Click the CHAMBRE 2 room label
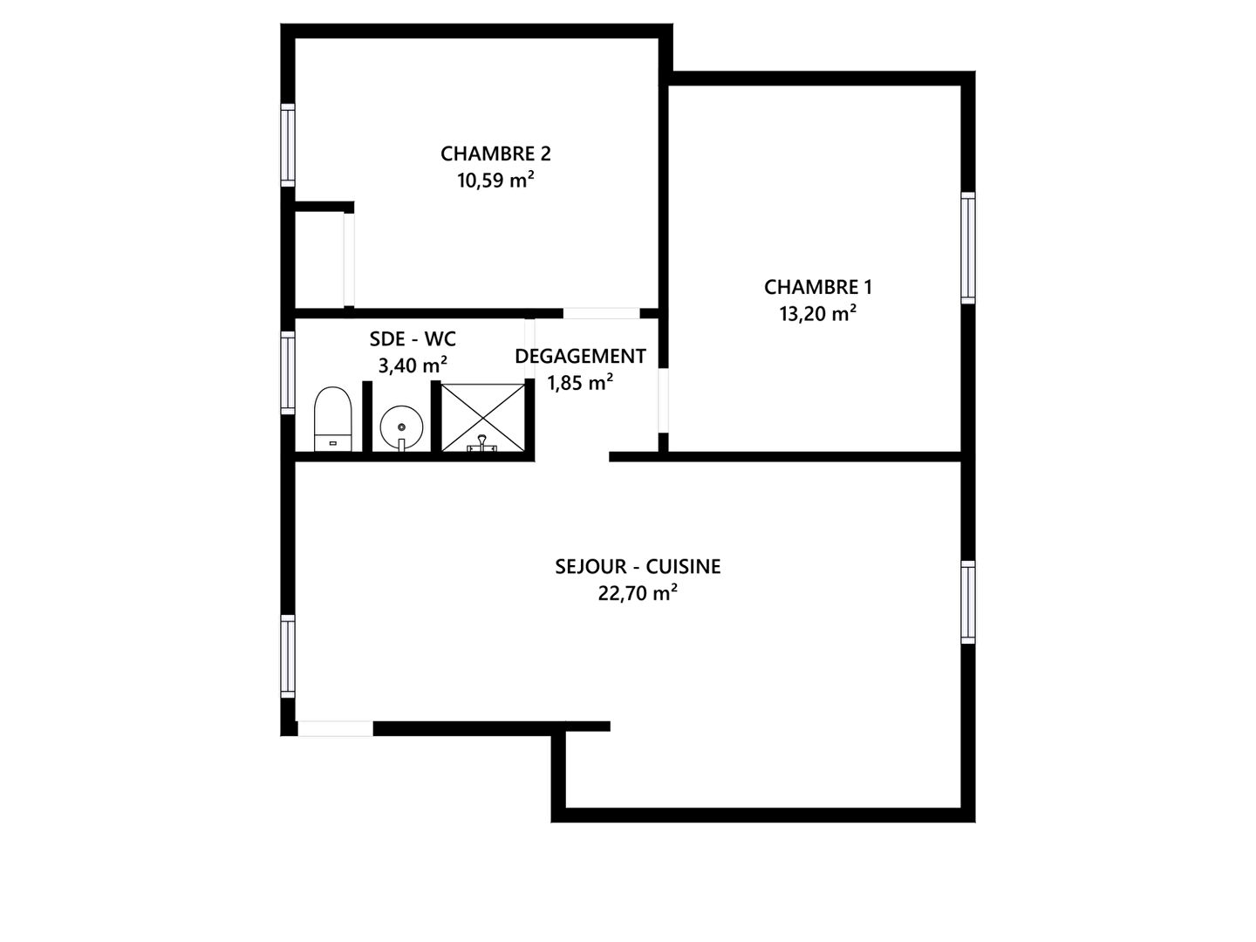495,154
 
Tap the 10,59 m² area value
495,181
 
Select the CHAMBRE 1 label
817,287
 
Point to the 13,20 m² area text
817,313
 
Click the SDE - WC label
413,339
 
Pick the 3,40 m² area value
413,365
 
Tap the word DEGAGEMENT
580,357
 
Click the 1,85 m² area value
580,383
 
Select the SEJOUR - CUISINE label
638,567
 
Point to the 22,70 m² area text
638,593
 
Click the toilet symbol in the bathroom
332,420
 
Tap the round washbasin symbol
402,427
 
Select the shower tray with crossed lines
483,417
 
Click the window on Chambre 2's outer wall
287,146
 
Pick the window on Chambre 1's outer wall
967,249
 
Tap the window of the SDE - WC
287,373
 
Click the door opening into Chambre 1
663,400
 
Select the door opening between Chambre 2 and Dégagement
601,313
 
